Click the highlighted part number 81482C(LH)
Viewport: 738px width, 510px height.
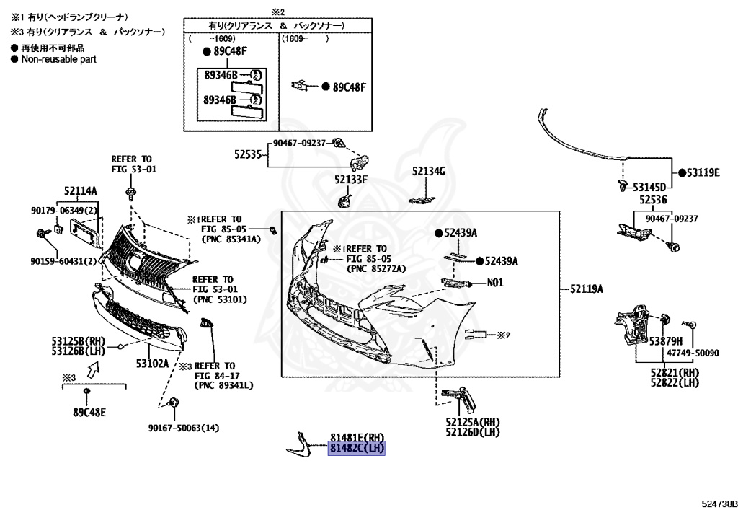pos(357,449)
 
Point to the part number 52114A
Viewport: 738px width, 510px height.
pos(80,190)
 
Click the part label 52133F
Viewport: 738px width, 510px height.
pos(351,179)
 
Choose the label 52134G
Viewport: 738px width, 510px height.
pos(429,171)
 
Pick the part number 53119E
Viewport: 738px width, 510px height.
pos(703,172)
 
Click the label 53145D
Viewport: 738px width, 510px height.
pos(650,186)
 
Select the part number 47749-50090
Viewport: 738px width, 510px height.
pos(693,353)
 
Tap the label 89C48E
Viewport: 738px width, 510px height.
pos(89,413)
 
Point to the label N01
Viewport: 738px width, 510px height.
pos(494,283)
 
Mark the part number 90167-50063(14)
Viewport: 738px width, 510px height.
pos(183,428)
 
